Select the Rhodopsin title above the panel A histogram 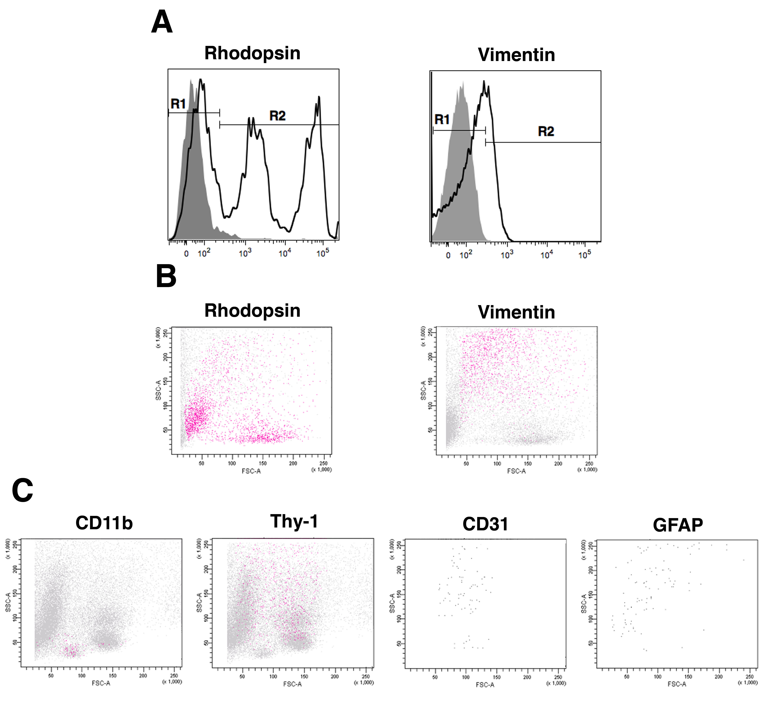(x=252, y=53)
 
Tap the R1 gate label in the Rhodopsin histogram (x=178, y=104)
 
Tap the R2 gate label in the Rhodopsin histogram (x=277, y=116)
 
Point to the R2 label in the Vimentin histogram (x=546, y=132)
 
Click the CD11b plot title (x=104, y=523)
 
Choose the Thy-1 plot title (x=294, y=521)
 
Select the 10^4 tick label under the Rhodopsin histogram (x=285, y=253)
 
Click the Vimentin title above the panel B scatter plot (x=517, y=312)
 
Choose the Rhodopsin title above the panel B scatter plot (x=252, y=311)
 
